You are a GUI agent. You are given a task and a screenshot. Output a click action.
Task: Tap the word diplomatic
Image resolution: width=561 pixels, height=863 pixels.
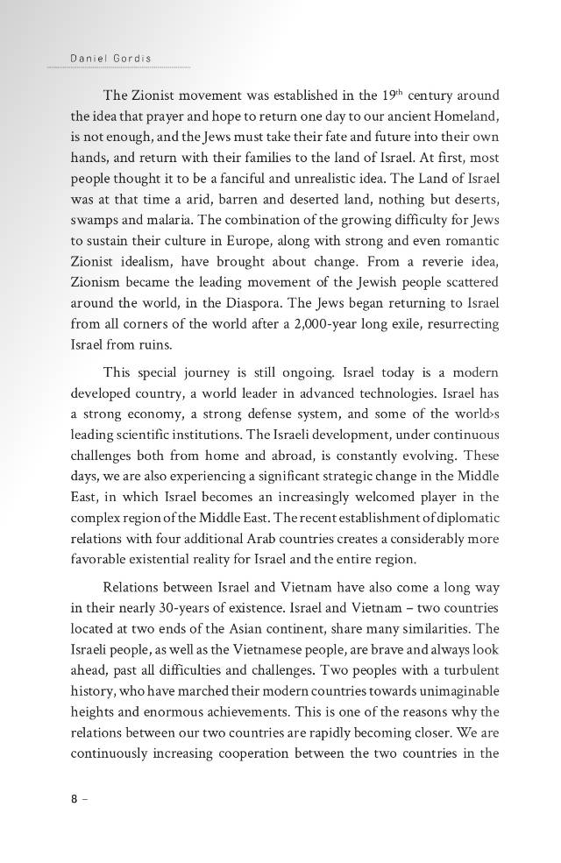coord(462,536)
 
